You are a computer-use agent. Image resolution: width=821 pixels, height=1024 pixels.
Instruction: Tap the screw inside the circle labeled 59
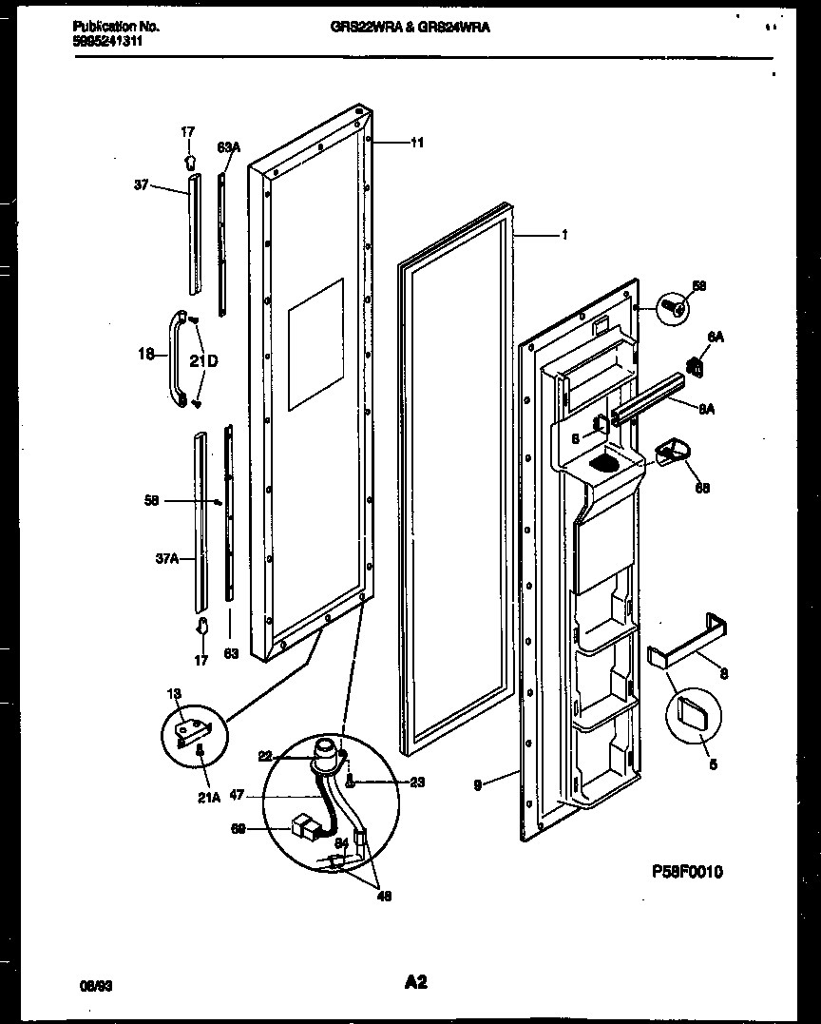(675, 307)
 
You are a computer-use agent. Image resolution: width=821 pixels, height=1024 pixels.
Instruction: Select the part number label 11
(417, 143)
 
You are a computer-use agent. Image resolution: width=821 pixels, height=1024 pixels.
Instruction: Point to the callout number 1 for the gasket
(564, 235)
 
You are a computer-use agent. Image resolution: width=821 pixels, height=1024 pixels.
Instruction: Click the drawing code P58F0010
(688, 871)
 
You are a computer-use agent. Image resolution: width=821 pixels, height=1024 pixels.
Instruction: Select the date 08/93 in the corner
(87, 986)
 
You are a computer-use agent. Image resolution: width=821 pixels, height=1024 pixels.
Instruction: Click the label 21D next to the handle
(203, 361)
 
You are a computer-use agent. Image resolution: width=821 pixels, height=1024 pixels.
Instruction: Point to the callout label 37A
(166, 559)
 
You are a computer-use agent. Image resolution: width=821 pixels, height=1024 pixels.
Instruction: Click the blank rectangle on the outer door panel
(315, 344)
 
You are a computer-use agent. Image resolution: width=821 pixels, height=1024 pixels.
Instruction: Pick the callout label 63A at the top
(228, 147)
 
